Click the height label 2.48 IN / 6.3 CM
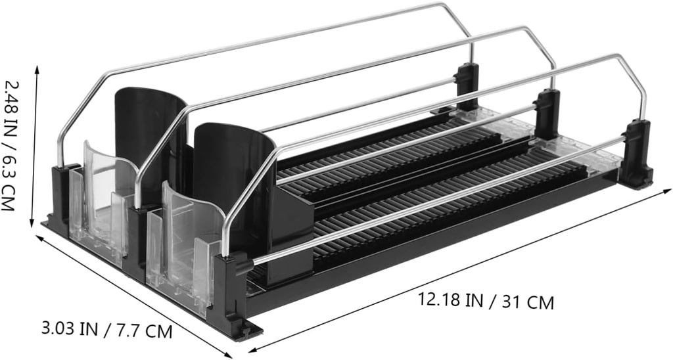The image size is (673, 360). click(11, 145)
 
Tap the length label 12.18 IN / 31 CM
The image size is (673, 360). click(486, 301)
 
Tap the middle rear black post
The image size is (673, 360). click(547, 115)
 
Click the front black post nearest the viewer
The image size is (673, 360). click(230, 292)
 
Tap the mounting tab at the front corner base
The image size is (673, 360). click(248, 330)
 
